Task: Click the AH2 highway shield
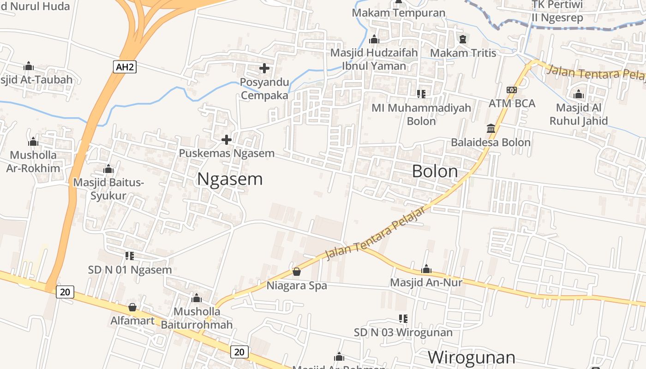click(125, 67)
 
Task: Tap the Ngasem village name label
click(230, 179)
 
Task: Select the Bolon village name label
click(435, 172)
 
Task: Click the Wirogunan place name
click(471, 357)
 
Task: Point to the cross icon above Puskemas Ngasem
click(227, 139)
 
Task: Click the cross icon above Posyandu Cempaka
click(264, 69)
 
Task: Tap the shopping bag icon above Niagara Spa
click(297, 272)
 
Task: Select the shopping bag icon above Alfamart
click(132, 307)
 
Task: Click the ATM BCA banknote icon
click(511, 90)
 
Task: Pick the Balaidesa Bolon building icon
click(491, 128)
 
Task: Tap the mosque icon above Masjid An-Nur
click(426, 268)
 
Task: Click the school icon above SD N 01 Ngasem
click(130, 256)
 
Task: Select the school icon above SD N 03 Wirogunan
click(403, 318)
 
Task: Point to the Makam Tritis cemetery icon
click(462, 39)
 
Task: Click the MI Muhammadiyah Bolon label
click(421, 114)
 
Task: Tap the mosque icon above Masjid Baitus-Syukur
click(108, 169)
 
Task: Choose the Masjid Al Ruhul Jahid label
click(581, 114)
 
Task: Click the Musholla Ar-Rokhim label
click(33, 161)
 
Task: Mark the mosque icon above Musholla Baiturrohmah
click(197, 298)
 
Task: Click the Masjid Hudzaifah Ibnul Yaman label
click(374, 59)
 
